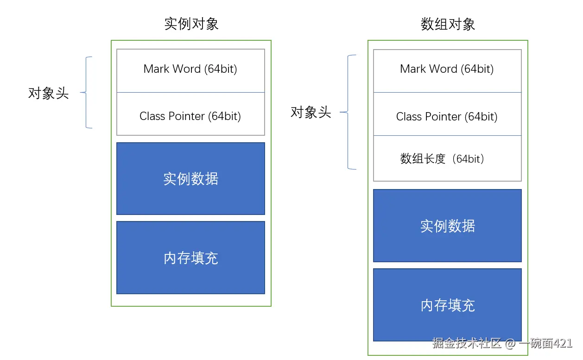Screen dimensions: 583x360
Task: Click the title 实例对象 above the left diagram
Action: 191,24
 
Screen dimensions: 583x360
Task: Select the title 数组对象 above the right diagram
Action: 448,24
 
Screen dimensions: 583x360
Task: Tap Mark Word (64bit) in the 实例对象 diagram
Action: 190,69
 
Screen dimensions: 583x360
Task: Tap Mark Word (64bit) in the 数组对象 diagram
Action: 447,69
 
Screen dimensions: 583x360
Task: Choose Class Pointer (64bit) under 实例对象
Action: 190,116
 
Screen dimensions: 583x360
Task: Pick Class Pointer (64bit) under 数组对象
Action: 447,116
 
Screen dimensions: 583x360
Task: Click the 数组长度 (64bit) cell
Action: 447,159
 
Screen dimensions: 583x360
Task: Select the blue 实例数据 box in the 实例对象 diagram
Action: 190,179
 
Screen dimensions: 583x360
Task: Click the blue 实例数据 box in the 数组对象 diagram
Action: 447,226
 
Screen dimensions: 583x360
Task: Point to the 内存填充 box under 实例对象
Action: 190,258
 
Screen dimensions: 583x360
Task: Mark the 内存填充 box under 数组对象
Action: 447,305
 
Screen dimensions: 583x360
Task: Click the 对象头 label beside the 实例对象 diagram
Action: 48,93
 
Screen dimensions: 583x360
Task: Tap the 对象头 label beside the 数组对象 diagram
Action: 311,112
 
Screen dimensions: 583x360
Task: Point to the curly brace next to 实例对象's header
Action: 87,93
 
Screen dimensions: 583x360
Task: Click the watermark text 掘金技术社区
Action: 467,343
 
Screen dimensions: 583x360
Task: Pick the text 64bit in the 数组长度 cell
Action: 469,159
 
